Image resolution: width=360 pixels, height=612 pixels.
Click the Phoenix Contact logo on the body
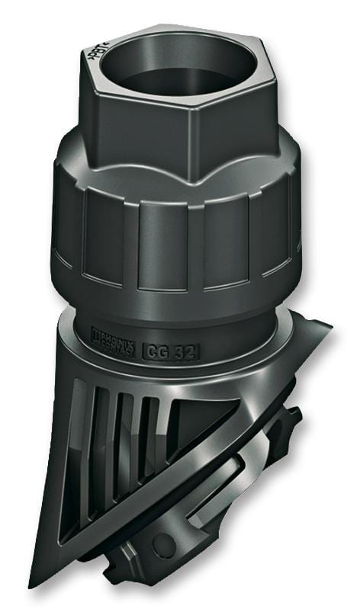click(x=113, y=337)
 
